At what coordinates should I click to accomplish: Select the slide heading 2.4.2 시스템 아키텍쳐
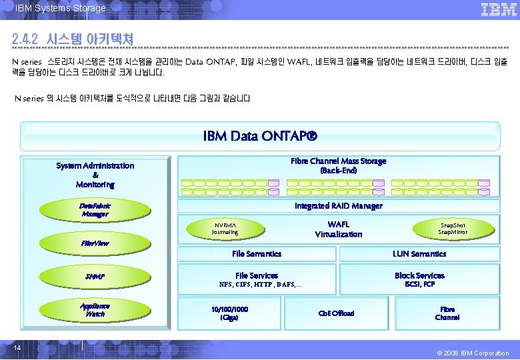[73, 39]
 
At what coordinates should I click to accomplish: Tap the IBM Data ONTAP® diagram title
[260, 137]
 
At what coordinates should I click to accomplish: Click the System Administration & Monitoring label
[95, 175]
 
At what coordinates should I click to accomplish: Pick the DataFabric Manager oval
[95, 210]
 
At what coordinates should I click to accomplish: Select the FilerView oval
[95, 243]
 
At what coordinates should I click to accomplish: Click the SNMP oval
[95, 276]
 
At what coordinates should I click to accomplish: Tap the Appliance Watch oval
[95, 309]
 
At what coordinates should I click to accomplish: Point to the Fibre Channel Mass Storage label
[338, 165]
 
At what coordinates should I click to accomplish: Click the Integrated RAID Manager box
[338, 206]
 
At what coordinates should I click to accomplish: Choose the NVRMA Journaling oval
[225, 228]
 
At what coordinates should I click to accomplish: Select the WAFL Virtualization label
[338, 229]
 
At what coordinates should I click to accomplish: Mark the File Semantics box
[257, 253]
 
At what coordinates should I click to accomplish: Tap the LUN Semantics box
[419, 253]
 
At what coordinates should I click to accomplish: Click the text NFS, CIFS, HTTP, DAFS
[260, 285]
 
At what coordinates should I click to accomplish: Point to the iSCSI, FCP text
[419, 285]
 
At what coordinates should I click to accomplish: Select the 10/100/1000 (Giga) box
[229, 313]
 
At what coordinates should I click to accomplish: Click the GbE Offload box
[337, 313]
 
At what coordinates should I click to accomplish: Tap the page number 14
[17, 347]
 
